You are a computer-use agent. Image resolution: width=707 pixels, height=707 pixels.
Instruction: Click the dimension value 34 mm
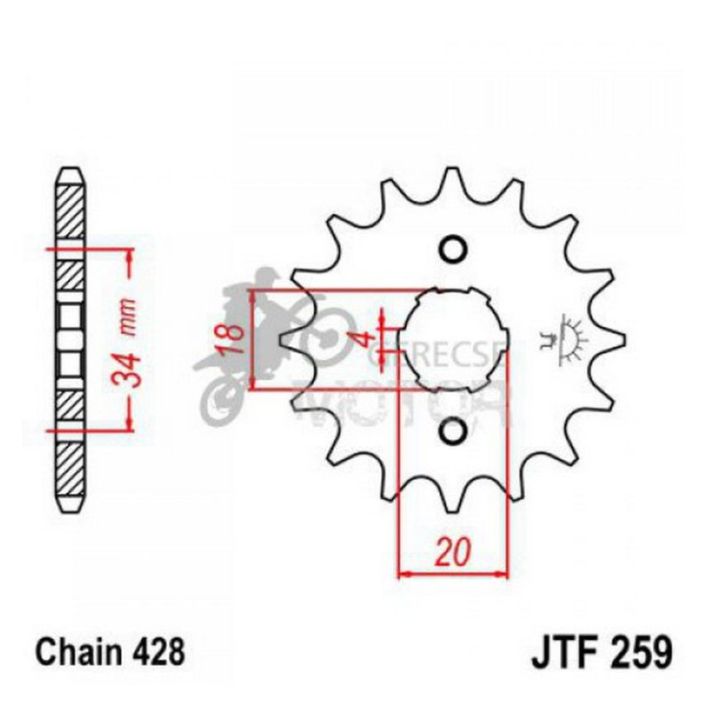click(129, 342)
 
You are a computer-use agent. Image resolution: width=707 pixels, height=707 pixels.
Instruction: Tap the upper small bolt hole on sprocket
click(452, 249)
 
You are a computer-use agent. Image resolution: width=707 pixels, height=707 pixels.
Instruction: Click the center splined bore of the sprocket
click(452, 340)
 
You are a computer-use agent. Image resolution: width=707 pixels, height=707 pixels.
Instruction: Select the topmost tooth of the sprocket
click(451, 178)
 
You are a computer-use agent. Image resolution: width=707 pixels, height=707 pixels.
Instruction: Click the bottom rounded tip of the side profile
click(71, 508)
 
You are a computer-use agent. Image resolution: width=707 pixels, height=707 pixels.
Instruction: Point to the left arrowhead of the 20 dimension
click(402, 575)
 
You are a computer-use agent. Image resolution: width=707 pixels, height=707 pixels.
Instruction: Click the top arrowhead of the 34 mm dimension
click(129, 255)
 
